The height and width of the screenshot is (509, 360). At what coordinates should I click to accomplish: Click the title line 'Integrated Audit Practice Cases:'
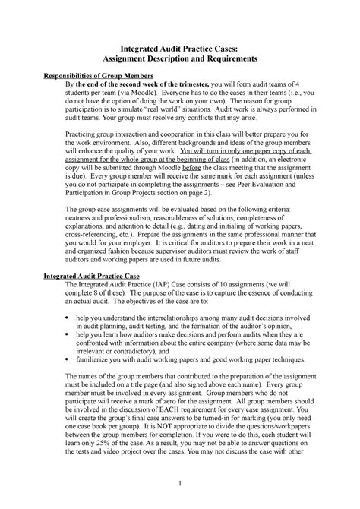point(180,46)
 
